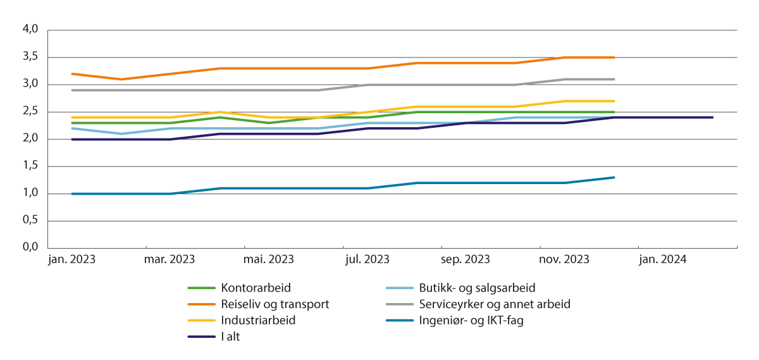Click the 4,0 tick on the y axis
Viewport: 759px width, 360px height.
coord(30,30)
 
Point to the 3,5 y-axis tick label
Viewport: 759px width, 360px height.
coord(30,57)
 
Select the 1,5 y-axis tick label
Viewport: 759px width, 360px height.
coord(30,166)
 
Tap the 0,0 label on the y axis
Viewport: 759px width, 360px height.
coord(30,248)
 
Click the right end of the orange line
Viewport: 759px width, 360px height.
coord(614,58)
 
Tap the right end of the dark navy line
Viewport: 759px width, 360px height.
coord(713,117)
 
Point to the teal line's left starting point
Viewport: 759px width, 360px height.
coord(72,194)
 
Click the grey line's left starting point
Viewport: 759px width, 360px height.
coord(72,90)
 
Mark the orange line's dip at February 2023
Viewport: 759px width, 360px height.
coord(121,79)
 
